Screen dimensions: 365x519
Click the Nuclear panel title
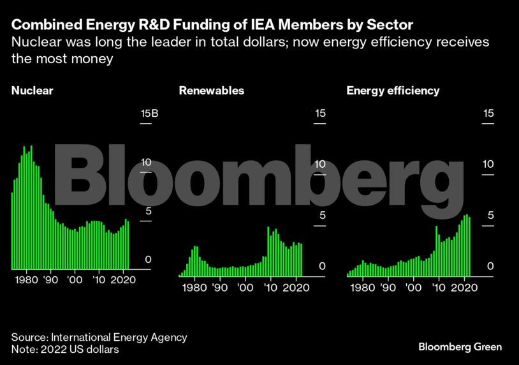click(x=32, y=91)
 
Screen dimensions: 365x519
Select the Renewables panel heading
click(x=211, y=91)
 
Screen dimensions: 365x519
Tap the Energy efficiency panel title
click(x=393, y=91)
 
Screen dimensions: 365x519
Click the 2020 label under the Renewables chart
click(x=295, y=288)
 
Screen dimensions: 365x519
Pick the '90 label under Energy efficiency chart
click(x=388, y=288)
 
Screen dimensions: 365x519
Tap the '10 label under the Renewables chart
click(x=270, y=288)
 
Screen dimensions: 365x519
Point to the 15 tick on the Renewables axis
click(x=320, y=114)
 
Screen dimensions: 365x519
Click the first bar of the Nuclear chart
click(x=12, y=230)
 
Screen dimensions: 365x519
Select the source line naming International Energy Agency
click(x=99, y=338)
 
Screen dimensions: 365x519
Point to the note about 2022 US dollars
click(x=64, y=350)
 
